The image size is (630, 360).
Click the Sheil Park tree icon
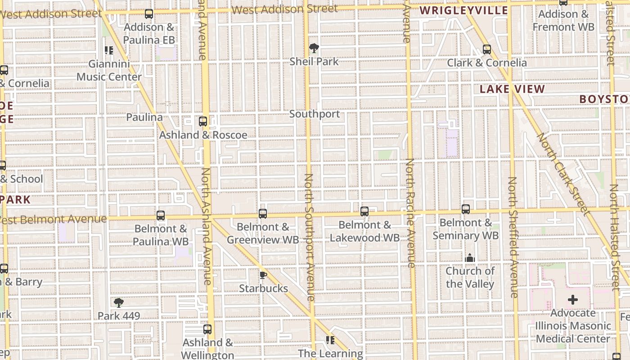point(314,48)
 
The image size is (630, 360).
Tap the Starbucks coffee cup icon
point(263,275)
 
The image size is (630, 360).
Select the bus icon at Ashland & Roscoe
point(203,121)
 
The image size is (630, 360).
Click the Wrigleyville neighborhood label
point(464,10)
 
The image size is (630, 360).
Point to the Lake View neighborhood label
point(512,89)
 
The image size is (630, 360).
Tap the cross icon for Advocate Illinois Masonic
point(572,300)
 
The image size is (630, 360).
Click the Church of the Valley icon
point(470,258)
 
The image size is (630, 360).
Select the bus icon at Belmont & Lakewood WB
point(364,211)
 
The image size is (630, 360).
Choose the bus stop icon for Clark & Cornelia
point(486,49)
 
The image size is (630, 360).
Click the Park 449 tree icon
point(119,302)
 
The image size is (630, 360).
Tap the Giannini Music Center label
point(109,71)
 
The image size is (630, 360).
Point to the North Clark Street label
point(562,173)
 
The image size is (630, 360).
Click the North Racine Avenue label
point(410,212)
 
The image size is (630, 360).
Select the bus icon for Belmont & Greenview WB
point(263,214)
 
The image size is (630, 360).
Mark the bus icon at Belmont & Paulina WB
point(161,216)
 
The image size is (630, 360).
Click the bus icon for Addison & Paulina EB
point(149,14)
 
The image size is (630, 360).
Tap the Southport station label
point(315,114)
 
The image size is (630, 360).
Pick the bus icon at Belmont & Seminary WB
point(466,209)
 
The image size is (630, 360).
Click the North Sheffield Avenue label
point(513,237)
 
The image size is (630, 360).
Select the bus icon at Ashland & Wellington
point(207,329)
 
